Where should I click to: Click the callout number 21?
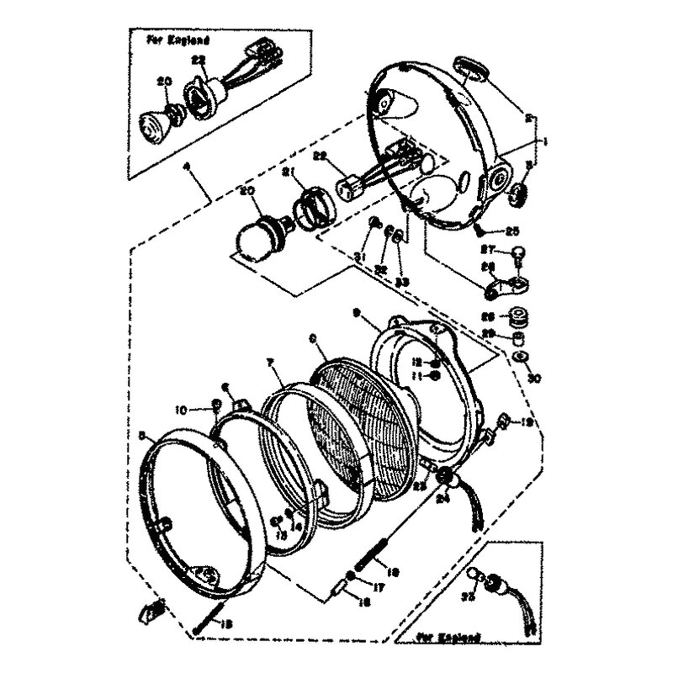pyautogui.click(x=287, y=173)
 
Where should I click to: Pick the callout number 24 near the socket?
pyautogui.click(x=446, y=497)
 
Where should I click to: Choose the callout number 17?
pyautogui.click(x=379, y=588)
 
